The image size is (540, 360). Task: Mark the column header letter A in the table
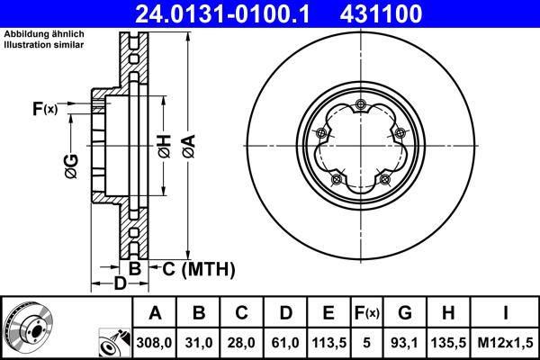pyautogui.click(x=155, y=313)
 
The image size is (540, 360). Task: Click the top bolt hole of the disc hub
pyautogui.click(x=360, y=105)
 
